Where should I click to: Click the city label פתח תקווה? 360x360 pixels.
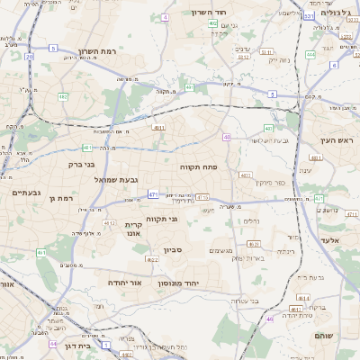tap(205, 166)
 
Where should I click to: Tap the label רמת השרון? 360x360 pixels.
tap(99, 51)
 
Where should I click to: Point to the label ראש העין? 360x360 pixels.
tap(335, 140)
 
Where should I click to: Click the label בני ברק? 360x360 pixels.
tap(81, 165)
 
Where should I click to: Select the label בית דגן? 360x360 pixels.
tap(80, 346)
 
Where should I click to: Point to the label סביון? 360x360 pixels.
tap(173, 250)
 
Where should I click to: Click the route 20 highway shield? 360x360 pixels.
tap(30, 57)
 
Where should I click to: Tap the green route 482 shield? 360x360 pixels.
tap(63, 96)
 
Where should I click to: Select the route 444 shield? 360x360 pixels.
tap(310, 54)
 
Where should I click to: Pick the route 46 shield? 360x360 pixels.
tap(269, 319)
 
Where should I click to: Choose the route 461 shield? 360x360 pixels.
tap(41, 253)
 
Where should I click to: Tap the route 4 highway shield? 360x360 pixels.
tap(165, 17)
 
